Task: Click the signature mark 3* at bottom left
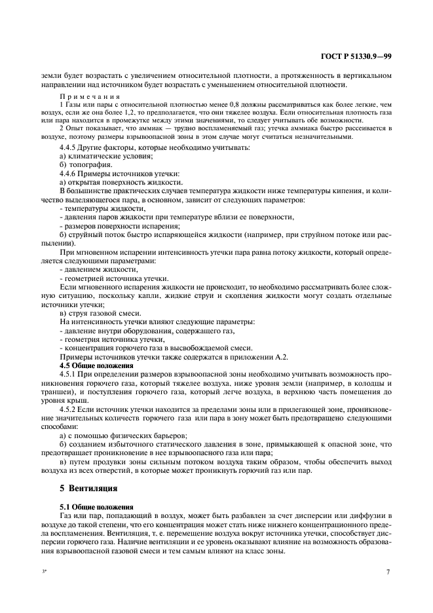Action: click(x=45, y=572)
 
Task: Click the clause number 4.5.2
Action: click(x=70, y=407)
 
